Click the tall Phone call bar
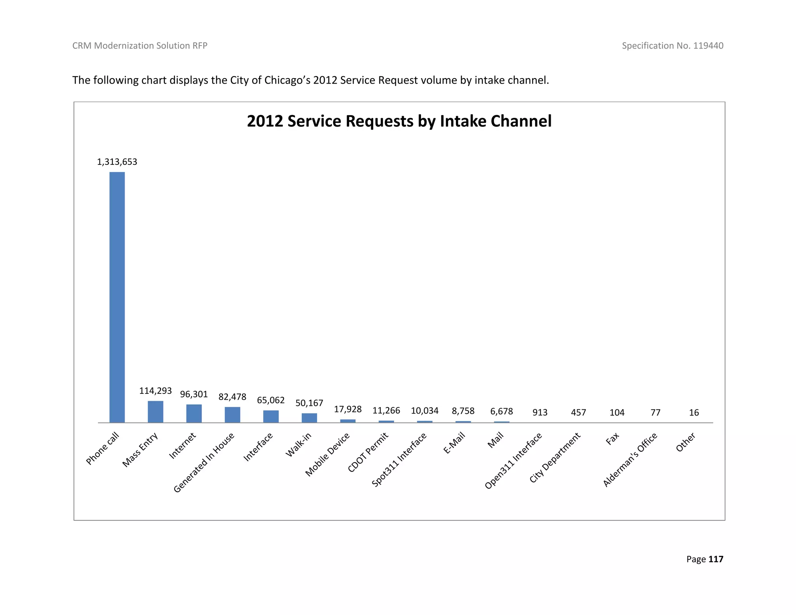(x=117, y=297)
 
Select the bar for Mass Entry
(x=155, y=412)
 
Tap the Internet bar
(x=194, y=413)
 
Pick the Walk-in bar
(x=309, y=418)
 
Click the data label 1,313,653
(x=117, y=162)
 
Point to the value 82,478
(x=232, y=397)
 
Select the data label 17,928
(x=348, y=409)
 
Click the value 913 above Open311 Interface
(x=540, y=412)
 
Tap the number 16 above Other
(x=694, y=412)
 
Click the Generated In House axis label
(x=204, y=462)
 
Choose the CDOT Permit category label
(x=368, y=452)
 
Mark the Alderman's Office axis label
(x=630, y=460)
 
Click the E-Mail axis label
(x=454, y=443)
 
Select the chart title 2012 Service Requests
(x=399, y=121)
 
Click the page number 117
(x=716, y=559)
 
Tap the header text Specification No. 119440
(x=672, y=45)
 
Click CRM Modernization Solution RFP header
(x=140, y=45)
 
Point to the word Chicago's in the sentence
(x=287, y=80)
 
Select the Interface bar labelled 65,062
(x=271, y=416)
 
